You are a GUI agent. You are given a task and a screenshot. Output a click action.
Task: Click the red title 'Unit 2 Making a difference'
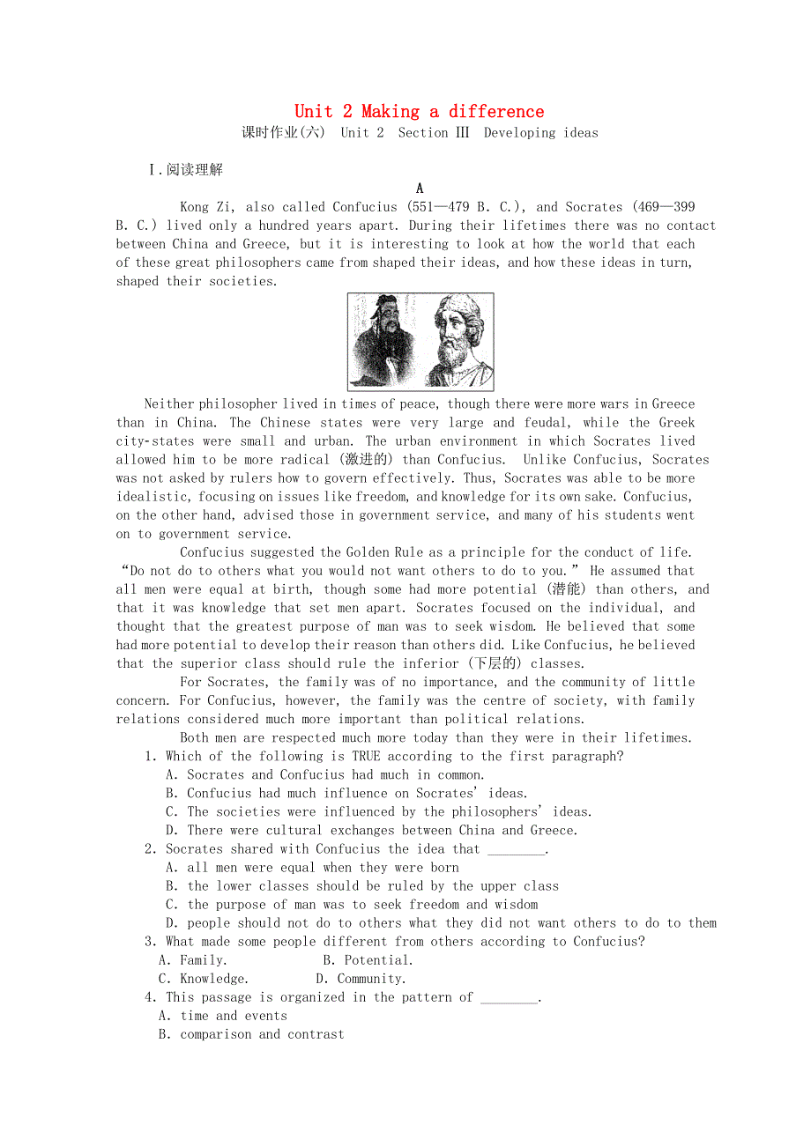click(419, 111)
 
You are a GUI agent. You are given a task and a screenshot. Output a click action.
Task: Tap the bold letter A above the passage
click(420, 188)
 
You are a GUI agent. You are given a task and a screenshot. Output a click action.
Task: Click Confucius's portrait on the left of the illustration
click(384, 342)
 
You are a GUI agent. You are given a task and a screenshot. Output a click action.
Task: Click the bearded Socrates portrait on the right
click(457, 342)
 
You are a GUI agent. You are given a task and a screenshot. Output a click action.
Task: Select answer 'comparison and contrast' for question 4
click(262, 1034)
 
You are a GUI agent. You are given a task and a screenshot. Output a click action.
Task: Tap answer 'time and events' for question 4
click(234, 1016)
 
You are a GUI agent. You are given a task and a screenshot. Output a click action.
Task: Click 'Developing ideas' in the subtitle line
click(540, 133)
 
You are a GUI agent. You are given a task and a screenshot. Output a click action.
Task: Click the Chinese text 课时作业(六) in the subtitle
click(284, 133)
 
